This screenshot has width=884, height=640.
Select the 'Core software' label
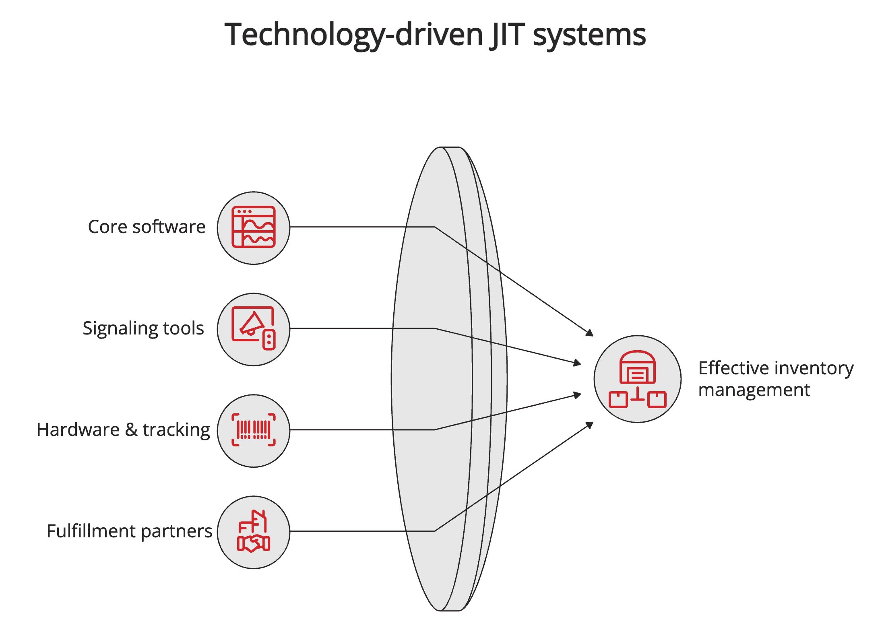pos(147,227)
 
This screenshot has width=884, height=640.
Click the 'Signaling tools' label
pos(143,328)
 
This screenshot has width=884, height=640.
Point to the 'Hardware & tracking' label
pos(123,430)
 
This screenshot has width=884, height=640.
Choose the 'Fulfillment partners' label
pos(129,531)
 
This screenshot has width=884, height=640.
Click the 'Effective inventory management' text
pos(775,379)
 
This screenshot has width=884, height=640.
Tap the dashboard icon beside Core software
pos(254,227)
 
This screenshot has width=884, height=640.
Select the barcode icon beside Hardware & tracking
pos(254,430)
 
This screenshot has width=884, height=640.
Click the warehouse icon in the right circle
pos(637,367)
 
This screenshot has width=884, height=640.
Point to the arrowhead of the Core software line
pos(590,333)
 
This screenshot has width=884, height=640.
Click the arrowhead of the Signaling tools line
pos(578,363)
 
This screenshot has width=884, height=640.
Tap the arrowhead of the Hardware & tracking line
pos(578,395)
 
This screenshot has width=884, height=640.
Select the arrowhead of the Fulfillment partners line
pos(590,425)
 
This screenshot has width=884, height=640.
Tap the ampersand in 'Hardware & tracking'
pos(131,430)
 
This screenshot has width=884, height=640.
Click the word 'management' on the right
pos(754,390)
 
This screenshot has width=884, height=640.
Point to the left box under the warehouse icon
pos(618,400)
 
